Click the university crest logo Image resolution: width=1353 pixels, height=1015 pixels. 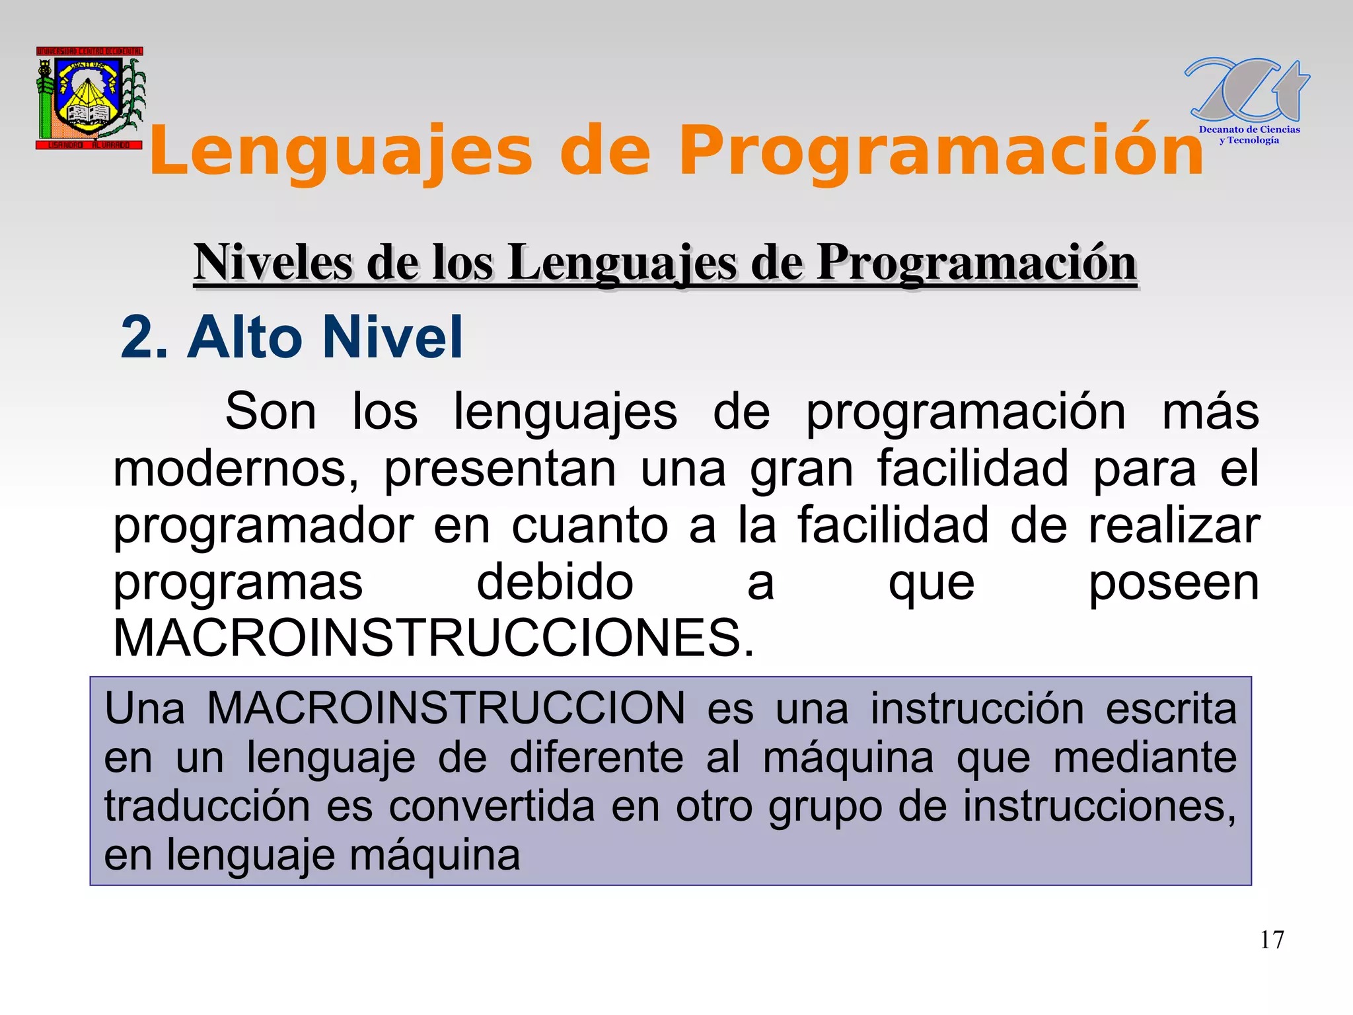[90, 98]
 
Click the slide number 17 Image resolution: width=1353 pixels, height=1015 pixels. [1272, 940]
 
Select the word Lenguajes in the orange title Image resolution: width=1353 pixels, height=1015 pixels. [340, 151]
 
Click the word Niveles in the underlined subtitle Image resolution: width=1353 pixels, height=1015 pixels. [272, 263]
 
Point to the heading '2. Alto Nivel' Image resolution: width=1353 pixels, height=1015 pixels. [291, 337]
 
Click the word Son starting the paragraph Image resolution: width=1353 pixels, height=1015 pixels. [271, 412]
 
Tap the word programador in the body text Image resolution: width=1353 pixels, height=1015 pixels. [264, 526]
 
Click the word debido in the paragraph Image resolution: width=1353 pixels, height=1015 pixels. [555, 583]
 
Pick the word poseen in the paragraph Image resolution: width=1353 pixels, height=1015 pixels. [1173, 583]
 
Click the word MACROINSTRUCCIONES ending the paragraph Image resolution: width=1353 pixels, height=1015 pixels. [433, 638]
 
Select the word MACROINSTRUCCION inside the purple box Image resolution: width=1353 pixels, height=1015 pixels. [446, 708]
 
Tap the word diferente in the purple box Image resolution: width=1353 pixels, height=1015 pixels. [596, 757]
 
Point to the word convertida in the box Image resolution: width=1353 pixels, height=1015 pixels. [492, 806]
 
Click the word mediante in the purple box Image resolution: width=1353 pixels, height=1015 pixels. [1144, 757]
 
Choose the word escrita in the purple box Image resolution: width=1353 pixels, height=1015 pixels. [1171, 708]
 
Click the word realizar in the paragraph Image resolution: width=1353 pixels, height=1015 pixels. [1174, 526]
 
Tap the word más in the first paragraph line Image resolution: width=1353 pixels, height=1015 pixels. [1210, 412]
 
